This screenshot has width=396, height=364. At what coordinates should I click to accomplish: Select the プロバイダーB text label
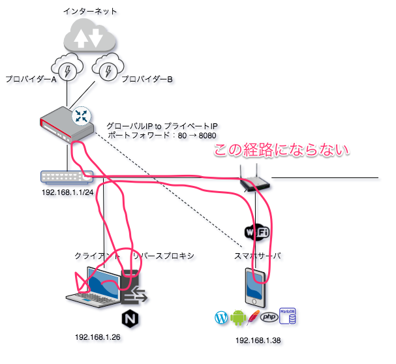[x=146, y=80]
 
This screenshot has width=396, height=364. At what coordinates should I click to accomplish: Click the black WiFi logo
[x=257, y=232]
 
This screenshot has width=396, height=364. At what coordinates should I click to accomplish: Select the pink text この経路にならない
[x=283, y=151]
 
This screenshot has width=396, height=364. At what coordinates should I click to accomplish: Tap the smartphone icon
[x=256, y=286]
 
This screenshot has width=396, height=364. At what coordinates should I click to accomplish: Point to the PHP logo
[x=269, y=318]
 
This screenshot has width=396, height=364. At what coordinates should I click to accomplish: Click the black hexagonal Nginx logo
[x=130, y=319]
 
